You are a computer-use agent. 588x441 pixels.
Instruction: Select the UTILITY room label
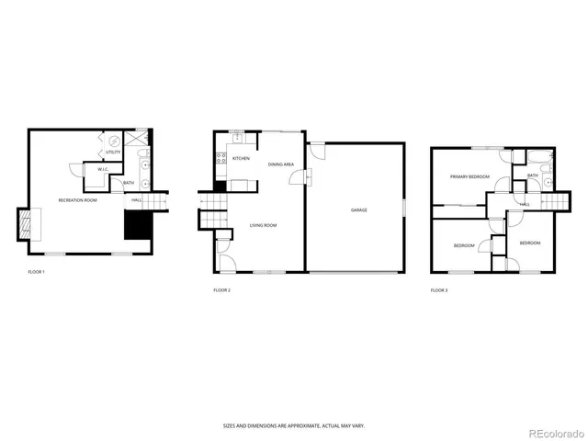[x=112, y=152]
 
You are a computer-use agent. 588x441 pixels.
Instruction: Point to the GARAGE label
[x=358, y=209]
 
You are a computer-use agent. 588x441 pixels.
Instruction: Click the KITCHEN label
[x=241, y=158]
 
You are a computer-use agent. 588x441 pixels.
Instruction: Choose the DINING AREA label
[x=280, y=164]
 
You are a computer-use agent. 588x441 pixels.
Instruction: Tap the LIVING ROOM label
[x=263, y=225]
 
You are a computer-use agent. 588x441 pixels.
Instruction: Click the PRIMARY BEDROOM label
[x=469, y=176]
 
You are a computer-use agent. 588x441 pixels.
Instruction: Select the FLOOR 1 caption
[x=36, y=272]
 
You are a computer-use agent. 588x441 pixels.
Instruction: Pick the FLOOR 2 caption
[x=221, y=290]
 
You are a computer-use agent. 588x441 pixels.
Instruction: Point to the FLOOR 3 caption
[x=439, y=290]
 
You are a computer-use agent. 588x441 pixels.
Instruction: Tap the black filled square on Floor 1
[x=138, y=222]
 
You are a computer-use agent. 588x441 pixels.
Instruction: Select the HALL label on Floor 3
[x=525, y=204]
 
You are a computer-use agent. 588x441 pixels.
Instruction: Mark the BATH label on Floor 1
[x=129, y=182]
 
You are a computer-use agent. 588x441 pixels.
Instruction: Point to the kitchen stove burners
[x=220, y=163]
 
